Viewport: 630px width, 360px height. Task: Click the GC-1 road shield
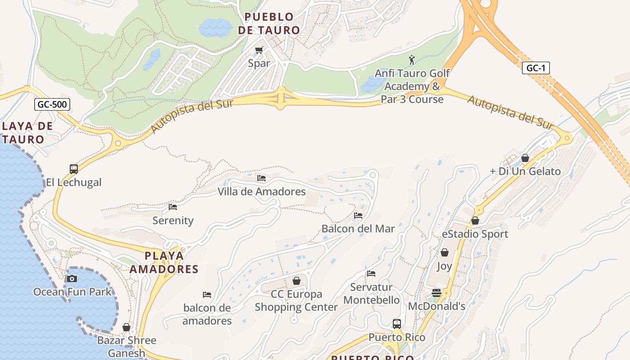[536, 68]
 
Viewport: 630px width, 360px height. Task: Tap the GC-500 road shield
[52, 104]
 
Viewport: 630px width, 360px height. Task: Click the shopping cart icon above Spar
[259, 50]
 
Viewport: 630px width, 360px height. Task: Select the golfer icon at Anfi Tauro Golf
[411, 59]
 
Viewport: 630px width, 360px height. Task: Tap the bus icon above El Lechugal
[74, 169]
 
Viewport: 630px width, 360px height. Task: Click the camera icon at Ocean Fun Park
[72, 279]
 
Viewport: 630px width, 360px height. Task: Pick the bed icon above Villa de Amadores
[261, 178]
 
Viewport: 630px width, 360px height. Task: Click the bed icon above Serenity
[173, 207]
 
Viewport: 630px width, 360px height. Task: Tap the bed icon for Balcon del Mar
[358, 216]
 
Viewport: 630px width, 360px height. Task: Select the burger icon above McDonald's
[436, 293]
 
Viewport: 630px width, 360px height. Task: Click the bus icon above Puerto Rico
[397, 324]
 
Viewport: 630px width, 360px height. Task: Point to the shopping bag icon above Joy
[445, 252]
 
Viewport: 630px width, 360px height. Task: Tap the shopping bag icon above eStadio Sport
[475, 220]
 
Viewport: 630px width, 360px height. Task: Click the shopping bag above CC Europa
[297, 281]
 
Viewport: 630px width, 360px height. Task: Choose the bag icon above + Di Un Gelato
[525, 158]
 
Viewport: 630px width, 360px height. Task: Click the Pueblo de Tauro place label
[269, 23]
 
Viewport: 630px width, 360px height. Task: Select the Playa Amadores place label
[164, 262]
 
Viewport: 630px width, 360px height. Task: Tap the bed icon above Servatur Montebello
[371, 274]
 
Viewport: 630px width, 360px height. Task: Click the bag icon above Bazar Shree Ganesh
[126, 327]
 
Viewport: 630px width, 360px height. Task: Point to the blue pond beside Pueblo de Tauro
[216, 28]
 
